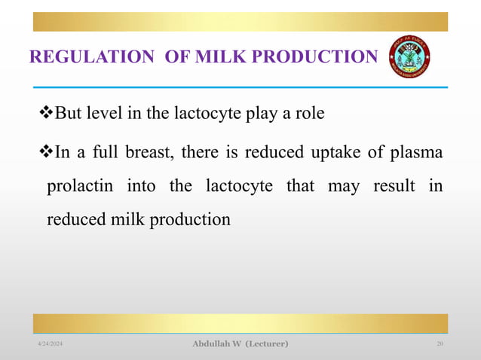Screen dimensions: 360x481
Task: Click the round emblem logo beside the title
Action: coord(409,57)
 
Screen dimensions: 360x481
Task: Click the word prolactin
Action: coord(76,186)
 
